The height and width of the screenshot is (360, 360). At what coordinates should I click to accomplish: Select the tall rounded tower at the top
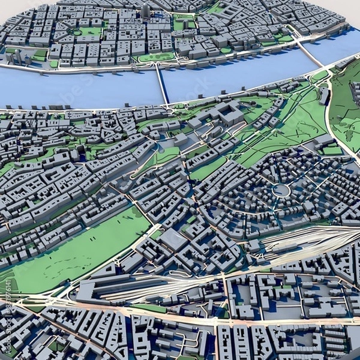[x=146, y=10]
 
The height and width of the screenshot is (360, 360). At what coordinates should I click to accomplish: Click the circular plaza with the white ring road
[x=281, y=190]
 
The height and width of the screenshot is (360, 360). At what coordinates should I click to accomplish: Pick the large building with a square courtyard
[x=228, y=112]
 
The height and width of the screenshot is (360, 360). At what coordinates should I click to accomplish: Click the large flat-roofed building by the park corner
[x=173, y=239]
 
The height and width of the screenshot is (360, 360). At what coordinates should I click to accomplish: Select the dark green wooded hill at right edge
[x=347, y=108]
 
